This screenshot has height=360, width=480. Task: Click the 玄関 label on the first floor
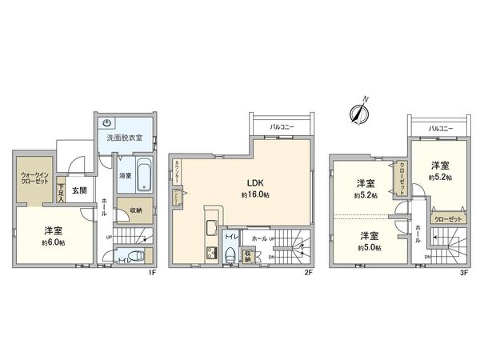coord(78,190)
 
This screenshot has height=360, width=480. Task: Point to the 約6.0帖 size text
coord(54,242)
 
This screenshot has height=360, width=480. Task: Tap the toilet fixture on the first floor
coord(135,257)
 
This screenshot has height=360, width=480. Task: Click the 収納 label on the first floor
coord(134,210)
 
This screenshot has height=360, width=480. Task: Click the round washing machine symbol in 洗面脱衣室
coord(108,122)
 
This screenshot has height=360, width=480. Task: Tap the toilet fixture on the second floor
coord(232,256)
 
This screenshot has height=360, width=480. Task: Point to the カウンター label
coord(175,170)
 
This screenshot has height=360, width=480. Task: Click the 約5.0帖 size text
coord(369,247)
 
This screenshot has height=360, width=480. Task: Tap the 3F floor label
coord(462,272)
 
